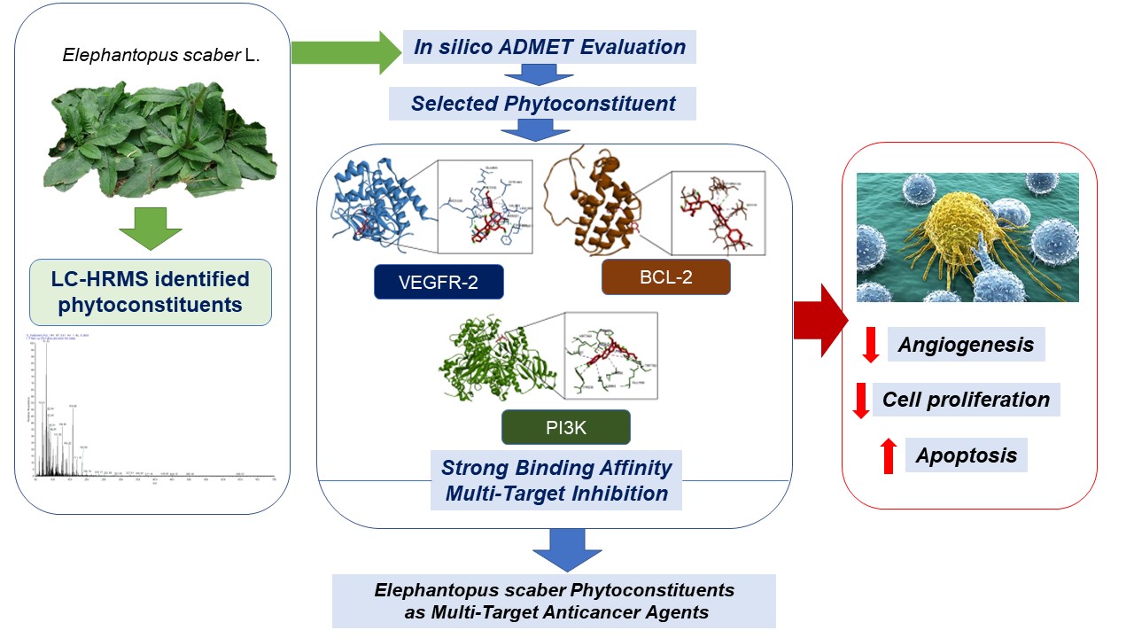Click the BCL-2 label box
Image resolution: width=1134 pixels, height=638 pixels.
(666, 276)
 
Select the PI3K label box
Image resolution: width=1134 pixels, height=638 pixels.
(566, 427)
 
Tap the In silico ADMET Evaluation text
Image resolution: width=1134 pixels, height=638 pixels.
(549, 47)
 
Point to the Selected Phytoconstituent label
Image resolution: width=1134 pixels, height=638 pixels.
(542, 104)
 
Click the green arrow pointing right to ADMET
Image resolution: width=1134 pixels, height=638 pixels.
(346, 52)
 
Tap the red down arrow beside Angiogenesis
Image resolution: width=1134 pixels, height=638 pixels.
(870, 344)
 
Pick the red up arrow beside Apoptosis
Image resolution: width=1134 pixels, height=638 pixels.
(888, 456)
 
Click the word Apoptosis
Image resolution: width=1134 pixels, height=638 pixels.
(966, 455)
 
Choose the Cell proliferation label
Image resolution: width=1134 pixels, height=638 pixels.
(966, 400)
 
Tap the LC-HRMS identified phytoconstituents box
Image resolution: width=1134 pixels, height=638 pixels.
(150, 292)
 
